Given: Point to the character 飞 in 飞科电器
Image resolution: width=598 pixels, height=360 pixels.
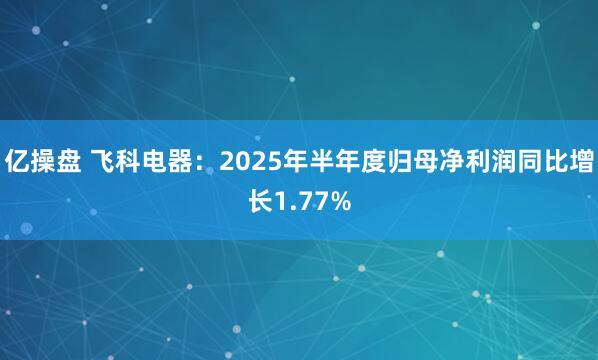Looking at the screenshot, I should click(x=105, y=160).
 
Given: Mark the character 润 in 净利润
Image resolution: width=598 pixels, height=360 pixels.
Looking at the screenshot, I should click(x=499, y=160).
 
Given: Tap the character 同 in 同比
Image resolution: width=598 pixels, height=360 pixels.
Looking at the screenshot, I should click(x=526, y=160).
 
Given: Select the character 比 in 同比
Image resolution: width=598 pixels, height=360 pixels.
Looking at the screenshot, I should click(x=552, y=160).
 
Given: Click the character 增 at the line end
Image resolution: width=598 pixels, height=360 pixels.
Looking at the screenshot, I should click(x=579, y=160).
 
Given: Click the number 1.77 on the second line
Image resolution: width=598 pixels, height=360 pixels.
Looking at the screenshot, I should click(x=300, y=203).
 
